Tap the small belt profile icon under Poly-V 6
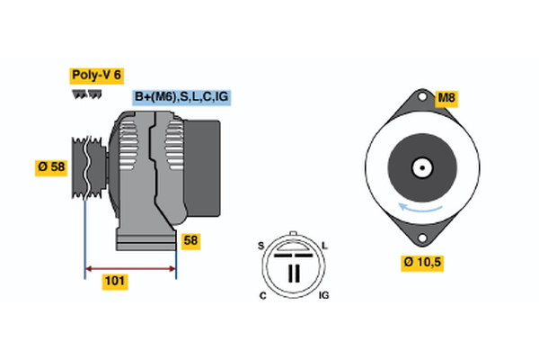pos(86,93)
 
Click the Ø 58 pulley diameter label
pos(52,167)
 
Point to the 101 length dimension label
pos(115,282)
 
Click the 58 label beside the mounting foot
pos(190,240)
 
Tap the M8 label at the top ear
pos(447,97)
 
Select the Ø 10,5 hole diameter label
pos(422,263)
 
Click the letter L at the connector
pos(324,246)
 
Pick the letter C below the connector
pos(261,296)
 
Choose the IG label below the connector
pos(325,296)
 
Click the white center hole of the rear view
pos(420,167)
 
